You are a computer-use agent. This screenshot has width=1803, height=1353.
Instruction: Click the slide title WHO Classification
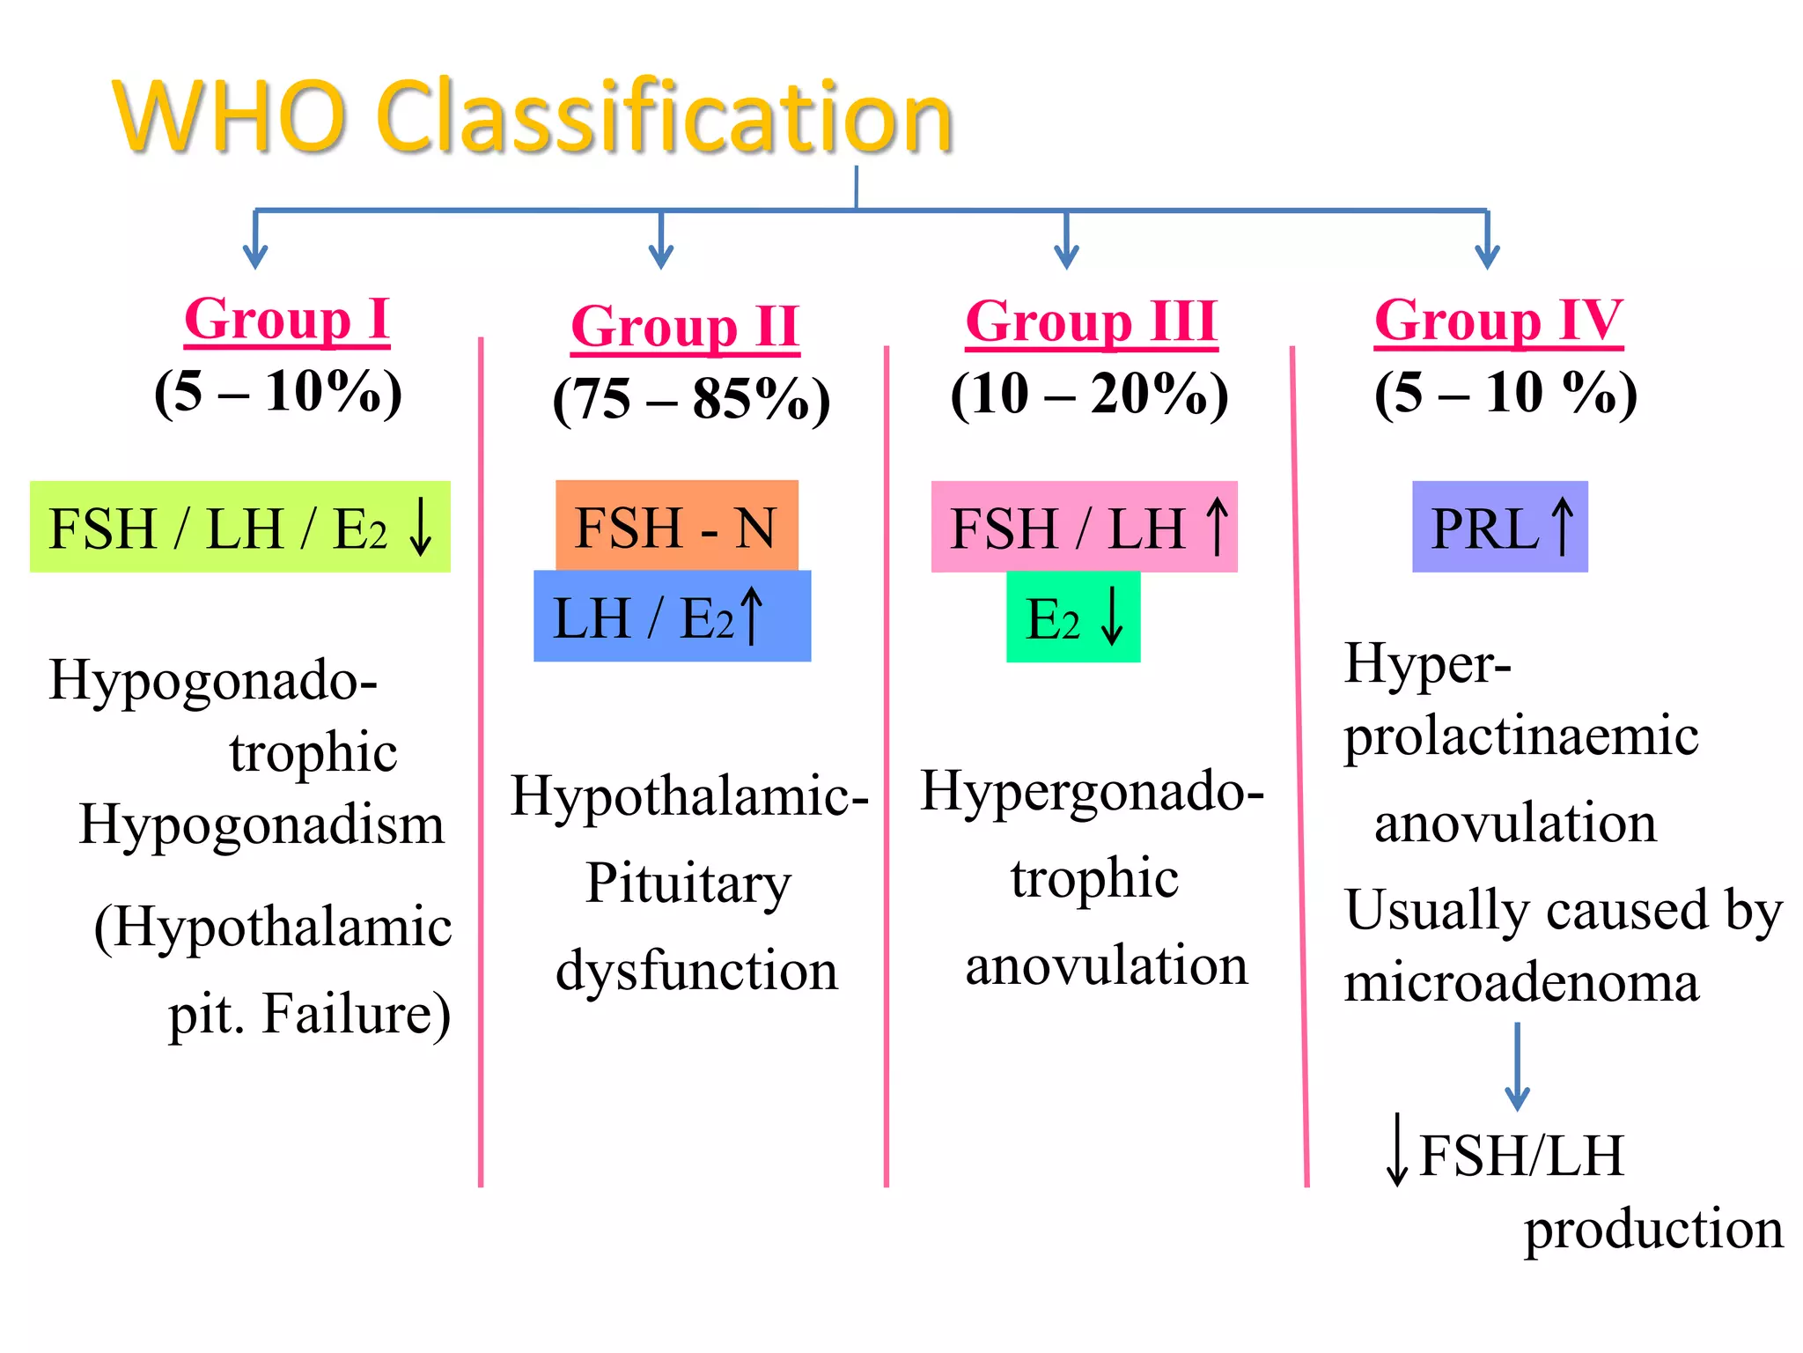click(x=533, y=117)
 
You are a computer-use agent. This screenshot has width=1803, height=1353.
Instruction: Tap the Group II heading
click(x=685, y=327)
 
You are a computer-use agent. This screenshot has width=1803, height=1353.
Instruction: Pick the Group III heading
click(x=1091, y=322)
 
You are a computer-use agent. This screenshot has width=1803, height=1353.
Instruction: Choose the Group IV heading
click(x=1498, y=320)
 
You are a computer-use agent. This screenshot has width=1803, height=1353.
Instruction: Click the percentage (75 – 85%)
click(x=691, y=399)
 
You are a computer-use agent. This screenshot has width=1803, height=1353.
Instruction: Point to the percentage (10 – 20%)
click(x=1089, y=393)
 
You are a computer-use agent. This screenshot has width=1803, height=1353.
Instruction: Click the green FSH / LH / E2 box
click(x=239, y=528)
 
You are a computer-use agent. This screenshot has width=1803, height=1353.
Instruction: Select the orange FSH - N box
click(x=676, y=526)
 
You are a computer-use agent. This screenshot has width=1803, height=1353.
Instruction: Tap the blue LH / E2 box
click(x=672, y=617)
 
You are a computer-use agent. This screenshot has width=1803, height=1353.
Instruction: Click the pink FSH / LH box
click(x=1084, y=527)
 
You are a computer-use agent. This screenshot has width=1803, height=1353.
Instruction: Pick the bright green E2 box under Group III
click(x=1072, y=617)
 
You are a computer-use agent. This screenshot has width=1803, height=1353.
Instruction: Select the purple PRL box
click(x=1499, y=527)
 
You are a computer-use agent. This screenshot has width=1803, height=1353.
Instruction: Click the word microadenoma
click(x=1520, y=982)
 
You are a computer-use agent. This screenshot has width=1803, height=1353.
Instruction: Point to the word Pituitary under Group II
click(x=688, y=884)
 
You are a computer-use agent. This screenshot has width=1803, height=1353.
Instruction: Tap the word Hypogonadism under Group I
click(x=261, y=825)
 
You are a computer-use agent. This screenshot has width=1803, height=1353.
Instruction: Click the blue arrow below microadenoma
click(x=1517, y=1066)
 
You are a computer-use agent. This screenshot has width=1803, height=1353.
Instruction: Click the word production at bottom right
click(x=1653, y=1229)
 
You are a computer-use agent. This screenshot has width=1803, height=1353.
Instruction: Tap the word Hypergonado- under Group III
click(x=1092, y=791)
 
